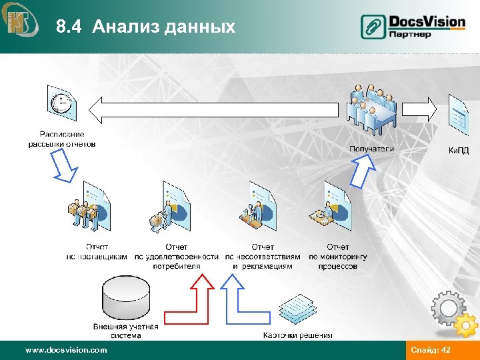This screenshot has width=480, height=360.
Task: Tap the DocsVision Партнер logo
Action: [x=413, y=26]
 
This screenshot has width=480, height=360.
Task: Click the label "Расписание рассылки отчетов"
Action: [x=62, y=139]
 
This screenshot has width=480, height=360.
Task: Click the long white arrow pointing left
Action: [x=220, y=109]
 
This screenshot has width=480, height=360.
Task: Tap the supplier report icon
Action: [x=89, y=207]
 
